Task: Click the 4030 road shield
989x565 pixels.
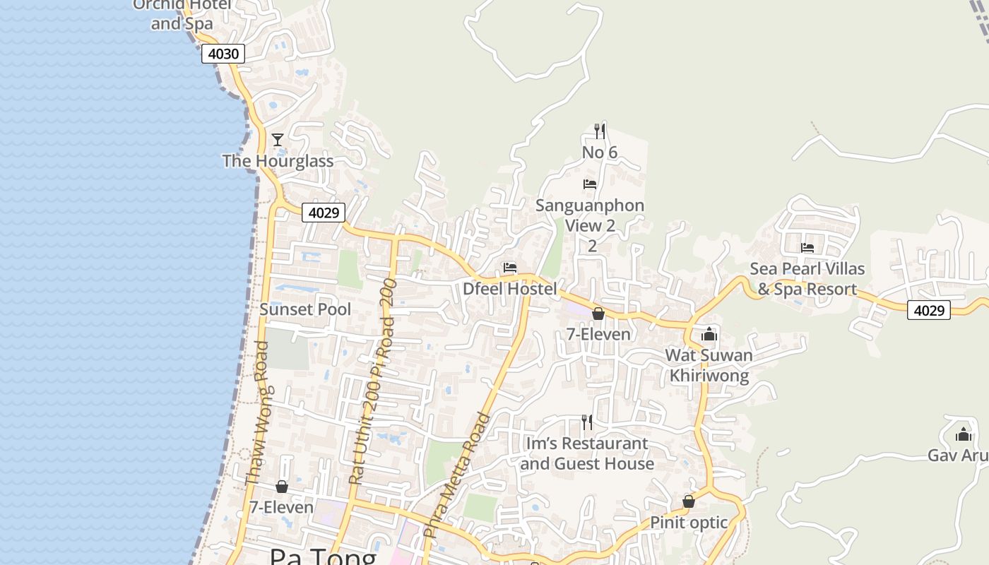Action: (223, 54)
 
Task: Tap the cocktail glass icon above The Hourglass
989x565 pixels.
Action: (278, 140)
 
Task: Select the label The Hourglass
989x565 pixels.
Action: (278, 161)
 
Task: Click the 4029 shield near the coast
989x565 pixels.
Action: (324, 212)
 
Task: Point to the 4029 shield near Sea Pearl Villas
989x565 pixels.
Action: (928, 310)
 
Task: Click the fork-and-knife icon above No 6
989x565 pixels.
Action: (599, 131)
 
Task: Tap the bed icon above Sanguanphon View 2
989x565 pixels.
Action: (590, 184)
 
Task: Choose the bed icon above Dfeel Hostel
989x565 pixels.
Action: (510, 268)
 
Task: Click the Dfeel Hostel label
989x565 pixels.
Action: (509, 289)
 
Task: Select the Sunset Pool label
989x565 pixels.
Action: (305, 309)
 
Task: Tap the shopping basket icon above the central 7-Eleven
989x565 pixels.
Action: (598, 314)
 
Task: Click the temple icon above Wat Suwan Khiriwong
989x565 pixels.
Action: (709, 335)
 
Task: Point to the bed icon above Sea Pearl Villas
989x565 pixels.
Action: (807, 248)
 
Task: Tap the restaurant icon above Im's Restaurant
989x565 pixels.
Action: (586, 422)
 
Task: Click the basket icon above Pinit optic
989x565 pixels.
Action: (689, 501)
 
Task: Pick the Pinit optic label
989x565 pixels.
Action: (689, 523)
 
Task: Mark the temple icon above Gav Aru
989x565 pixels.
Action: (964, 434)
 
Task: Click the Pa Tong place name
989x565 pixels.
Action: (323, 557)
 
